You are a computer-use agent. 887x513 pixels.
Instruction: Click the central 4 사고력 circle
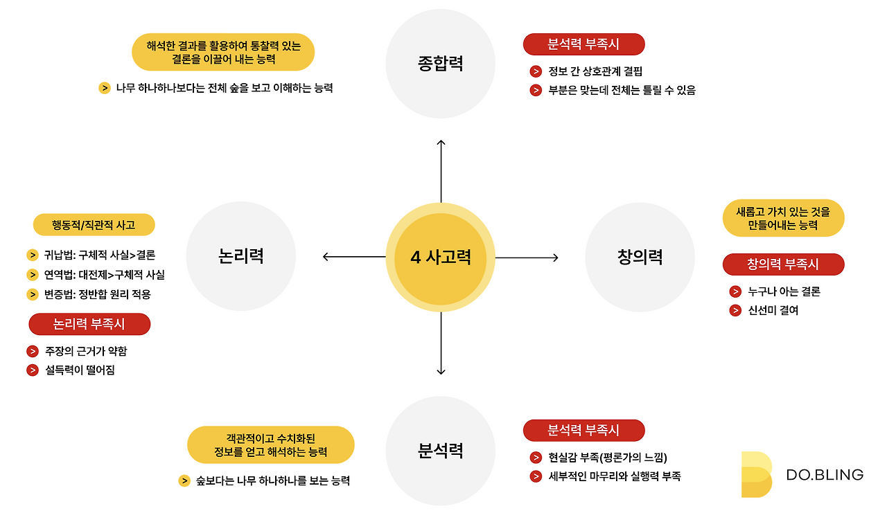(441, 258)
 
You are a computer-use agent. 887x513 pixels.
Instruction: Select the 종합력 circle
(441, 64)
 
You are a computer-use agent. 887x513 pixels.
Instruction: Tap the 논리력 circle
(241, 257)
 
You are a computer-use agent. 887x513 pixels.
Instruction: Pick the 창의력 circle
(640, 257)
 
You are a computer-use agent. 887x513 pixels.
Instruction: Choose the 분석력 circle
(441, 451)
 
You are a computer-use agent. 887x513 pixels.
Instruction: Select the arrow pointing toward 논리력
(353, 258)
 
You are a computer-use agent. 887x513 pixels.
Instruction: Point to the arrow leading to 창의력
(527, 258)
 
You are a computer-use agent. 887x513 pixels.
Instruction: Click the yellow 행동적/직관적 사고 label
(94, 225)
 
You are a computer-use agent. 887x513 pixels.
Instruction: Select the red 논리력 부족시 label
(90, 324)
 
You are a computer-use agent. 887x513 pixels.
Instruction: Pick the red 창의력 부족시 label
(783, 264)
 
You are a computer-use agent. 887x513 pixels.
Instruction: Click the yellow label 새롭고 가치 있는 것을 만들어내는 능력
(783, 217)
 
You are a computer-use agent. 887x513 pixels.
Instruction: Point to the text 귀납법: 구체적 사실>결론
(100, 255)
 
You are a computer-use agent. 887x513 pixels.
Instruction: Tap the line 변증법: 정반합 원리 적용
(98, 294)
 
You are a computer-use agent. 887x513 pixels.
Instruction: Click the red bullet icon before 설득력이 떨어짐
(33, 370)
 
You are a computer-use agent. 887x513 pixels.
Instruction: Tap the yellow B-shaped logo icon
(756, 474)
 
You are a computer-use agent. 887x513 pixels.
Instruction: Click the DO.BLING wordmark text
(825, 475)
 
